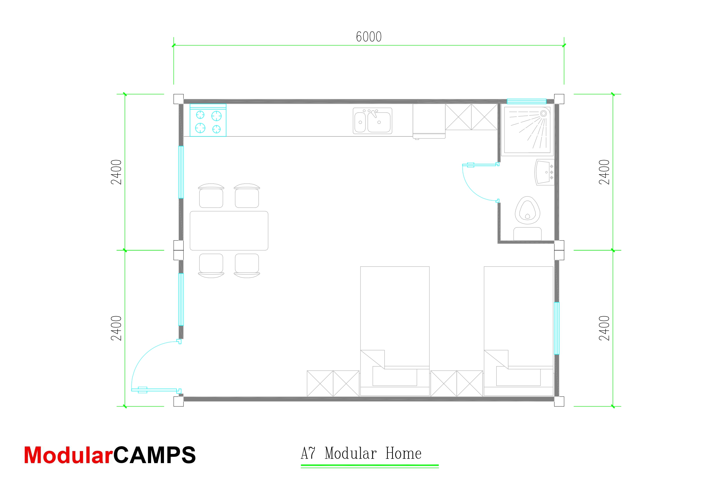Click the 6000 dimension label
point(369,37)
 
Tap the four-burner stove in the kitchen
point(208,120)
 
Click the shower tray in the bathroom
point(527,130)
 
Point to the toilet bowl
point(527,210)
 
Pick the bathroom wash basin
point(544,172)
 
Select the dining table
point(229,231)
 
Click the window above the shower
point(526,101)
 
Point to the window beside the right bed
point(556,328)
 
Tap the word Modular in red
point(68,455)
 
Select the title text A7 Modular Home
point(361,453)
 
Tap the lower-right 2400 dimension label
point(604,328)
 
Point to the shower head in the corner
point(543,114)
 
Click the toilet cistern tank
point(527,234)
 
